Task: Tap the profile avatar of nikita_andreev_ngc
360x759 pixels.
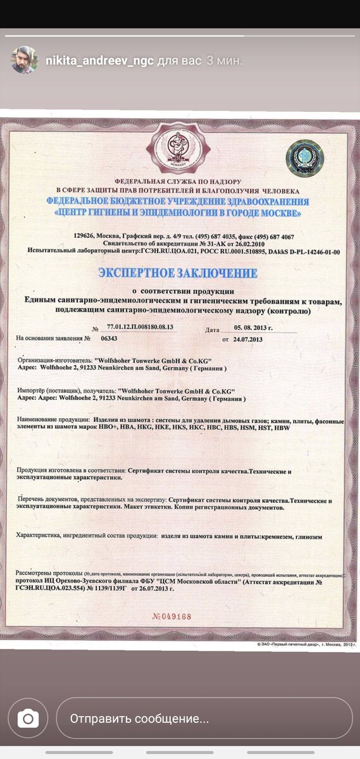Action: pyautogui.click(x=24, y=60)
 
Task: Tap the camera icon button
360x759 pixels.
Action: pyautogui.click(x=28, y=719)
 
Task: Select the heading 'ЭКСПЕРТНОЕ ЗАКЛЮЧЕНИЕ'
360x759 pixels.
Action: pyautogui.click(x=177, y=273)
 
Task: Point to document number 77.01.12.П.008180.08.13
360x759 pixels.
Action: pyautogui.click(x=140, y=328)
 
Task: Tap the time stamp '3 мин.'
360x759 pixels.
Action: pyautogui.click(x=225, y=61)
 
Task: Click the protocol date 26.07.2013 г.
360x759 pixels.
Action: pyautogui.click(x=152, y=588)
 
